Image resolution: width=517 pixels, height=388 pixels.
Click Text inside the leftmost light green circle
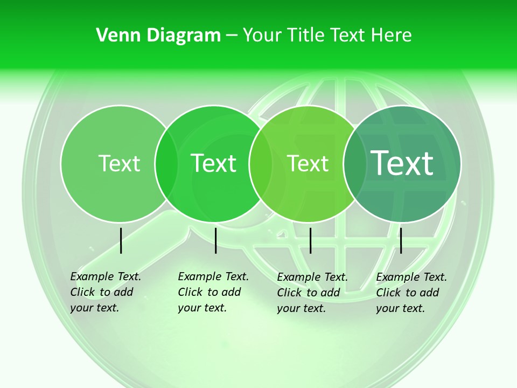[119, 163]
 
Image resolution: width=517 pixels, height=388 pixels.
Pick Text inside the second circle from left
[213, 163]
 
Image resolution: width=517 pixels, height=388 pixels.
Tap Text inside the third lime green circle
[308, 163]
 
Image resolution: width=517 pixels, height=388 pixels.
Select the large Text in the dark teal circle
[402, 163]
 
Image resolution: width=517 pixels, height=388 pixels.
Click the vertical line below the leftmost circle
[121, 240]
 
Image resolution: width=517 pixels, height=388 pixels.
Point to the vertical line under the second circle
[215, 240]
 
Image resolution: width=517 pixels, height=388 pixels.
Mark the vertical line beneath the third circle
[311, 240]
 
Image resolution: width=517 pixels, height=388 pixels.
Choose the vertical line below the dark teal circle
[401, 240]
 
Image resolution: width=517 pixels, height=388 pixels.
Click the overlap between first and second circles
[166, 164]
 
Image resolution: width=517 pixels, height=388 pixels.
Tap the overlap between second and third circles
[261, 164]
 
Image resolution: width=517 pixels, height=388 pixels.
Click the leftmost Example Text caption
[105, 292]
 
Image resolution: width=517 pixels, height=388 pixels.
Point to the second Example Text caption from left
[213, 292]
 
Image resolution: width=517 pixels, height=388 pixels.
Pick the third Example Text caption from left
[312, 293]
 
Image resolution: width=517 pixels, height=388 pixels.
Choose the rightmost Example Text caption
[411, 293]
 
